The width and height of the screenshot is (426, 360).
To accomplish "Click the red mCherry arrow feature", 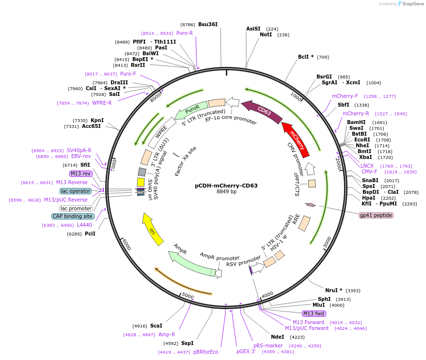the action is tap(296, 139).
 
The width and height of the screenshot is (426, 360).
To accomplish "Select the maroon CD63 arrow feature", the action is tap(263, 111).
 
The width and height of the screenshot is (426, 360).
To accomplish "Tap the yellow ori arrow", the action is tap(152, 230).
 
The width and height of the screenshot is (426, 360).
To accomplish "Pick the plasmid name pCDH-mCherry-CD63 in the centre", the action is tap(226, 186).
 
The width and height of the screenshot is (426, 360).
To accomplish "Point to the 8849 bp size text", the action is tap(226, 191).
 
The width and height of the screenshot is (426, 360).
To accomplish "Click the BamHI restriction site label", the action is tap(356, 122).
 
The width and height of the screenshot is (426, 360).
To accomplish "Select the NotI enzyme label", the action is tap(266, 34).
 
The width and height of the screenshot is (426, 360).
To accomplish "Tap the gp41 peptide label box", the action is tap(376, 215).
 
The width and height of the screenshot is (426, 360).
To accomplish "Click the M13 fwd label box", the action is tap(314, 313).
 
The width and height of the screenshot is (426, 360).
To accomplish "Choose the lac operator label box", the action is tap(76, 191).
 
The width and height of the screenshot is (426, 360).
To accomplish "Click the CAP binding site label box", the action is tap(73, 216).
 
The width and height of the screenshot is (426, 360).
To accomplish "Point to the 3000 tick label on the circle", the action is tap(327, 242).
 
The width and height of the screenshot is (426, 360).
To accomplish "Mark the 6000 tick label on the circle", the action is tap(126, 244).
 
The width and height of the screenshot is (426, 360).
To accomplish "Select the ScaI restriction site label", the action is tap(156, 326).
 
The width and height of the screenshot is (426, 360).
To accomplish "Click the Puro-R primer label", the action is tap(185, 33).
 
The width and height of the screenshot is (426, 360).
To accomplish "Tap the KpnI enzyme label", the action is tap(97, 120).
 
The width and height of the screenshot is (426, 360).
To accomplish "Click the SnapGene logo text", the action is tap(413, 3).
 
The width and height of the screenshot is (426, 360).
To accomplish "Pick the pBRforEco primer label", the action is tap(205, 352).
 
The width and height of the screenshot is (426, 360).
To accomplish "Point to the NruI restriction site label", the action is tap(331, 290).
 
